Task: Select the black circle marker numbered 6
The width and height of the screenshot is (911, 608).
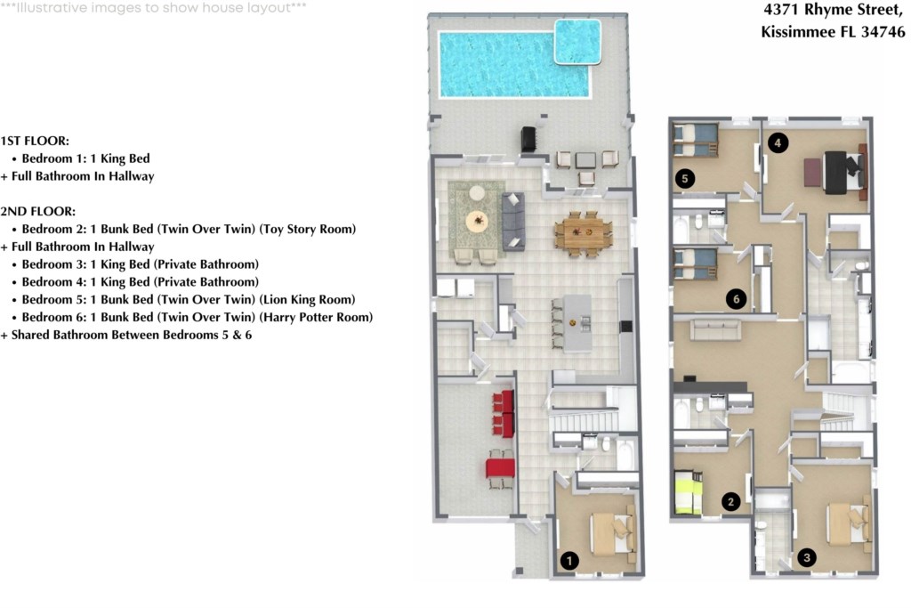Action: tap(735, 299)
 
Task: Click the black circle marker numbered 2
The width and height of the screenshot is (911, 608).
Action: tap(731, 502)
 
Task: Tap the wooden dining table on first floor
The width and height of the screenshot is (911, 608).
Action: tap(583, 234)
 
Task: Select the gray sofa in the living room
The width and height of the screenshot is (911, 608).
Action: tap(513, 221)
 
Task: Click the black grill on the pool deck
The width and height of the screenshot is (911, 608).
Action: tap(528, 140)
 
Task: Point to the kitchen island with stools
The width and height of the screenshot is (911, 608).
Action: tap(577, 321)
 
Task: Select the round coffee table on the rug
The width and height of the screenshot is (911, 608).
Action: tap(477, 219)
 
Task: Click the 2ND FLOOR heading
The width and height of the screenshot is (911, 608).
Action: tap(38, 212)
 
